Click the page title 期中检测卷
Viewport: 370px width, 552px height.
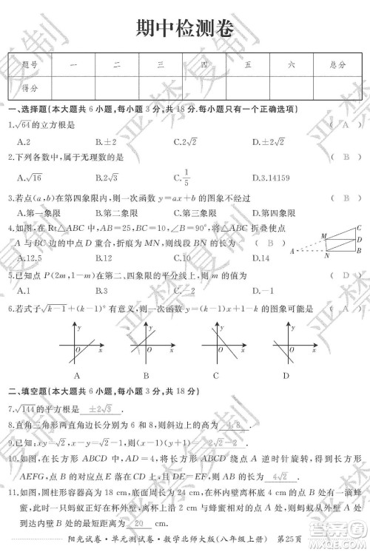(185, 28)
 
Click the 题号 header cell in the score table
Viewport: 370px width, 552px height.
(30, 65)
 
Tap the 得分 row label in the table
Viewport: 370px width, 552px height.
(30, 87)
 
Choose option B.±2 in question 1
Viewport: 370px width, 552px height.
(104, 141)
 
